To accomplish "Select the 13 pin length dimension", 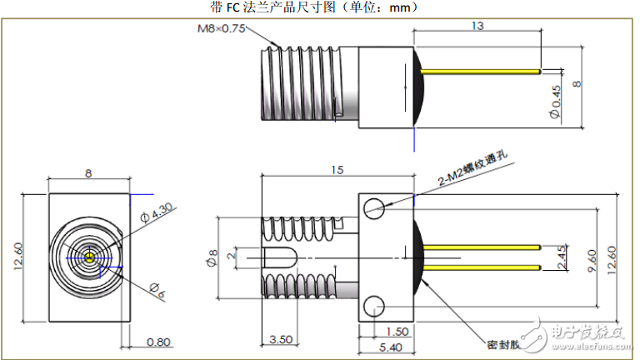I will coord(477,26).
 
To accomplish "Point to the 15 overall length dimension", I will coord(337,170).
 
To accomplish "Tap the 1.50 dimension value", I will coord(397,331).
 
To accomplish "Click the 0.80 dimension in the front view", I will coord(159,341).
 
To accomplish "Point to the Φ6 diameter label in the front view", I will coord(156,288).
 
